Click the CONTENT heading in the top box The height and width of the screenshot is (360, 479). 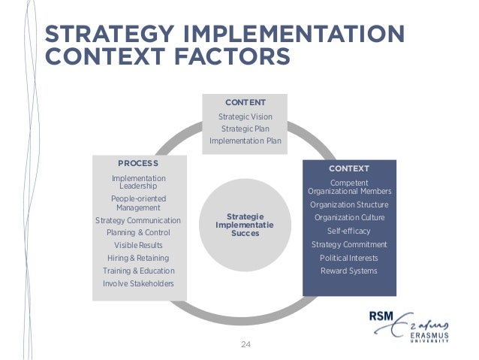coord(246,101)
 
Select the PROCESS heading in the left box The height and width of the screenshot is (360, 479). coord(138,162)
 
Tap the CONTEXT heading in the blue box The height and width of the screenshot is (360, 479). coord(349,168)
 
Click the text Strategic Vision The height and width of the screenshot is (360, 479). coord(246,116)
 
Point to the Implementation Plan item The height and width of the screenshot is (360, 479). coord(246,141)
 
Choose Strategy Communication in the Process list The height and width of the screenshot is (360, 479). coord(138,220)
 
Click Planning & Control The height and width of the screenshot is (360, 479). coord(138,233)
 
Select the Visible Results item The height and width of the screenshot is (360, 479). coord(138,246)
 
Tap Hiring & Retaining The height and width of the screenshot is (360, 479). coord(138,258)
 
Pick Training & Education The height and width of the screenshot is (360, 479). coord(138,271)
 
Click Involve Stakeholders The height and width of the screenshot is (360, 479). coord(138,283)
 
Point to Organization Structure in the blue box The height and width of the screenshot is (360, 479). coord(349,204)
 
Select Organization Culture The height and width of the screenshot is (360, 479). coord(349,218)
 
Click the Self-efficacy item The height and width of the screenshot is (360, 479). coord(349,231)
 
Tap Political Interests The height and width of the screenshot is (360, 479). coord(349,258)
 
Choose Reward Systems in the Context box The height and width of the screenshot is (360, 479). coord(349,271)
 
